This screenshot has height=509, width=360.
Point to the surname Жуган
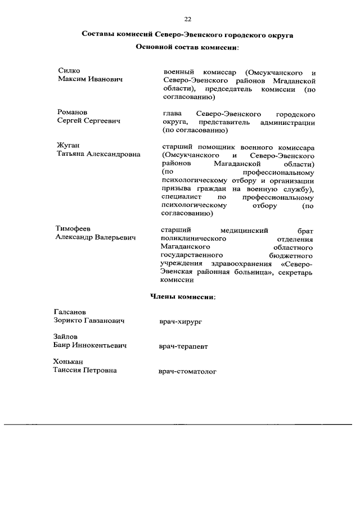point(68,146)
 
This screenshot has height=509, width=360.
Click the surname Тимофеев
point(73,229)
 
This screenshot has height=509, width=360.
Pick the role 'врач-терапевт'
point(183,346)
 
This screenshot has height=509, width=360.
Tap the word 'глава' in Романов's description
point(171,113)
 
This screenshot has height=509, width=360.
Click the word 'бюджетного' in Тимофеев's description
point(292,255)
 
